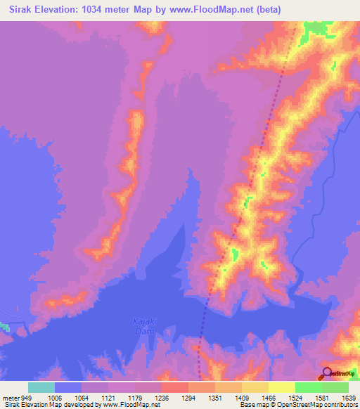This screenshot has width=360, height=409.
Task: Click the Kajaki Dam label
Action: click(x=143, y=325)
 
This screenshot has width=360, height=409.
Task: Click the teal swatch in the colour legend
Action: click(x=41, y=387)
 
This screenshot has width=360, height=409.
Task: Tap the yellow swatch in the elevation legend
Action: click(x=281, y=387)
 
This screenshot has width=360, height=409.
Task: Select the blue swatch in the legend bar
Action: click(x=68, y=387)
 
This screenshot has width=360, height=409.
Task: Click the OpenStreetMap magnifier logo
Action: click(x=327, y=373)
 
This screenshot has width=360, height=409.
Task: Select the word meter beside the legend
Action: click(x=11, y=396)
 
